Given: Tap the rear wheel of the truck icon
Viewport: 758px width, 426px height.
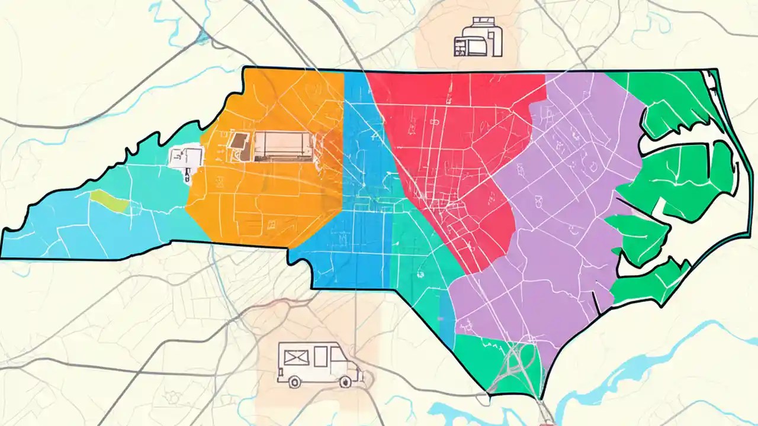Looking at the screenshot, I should pos(294,383).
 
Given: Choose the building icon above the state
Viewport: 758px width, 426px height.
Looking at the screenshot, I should pos(477,38).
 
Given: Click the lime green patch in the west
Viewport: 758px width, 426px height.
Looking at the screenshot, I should pos(110,201).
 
